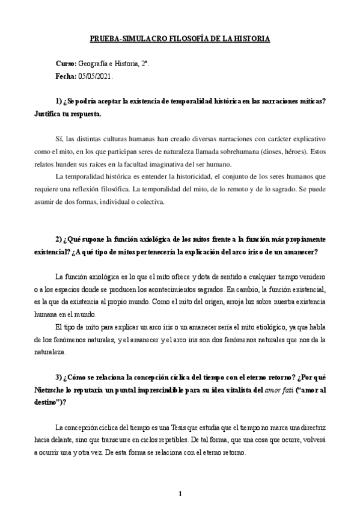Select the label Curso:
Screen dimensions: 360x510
click(x=66, y=63)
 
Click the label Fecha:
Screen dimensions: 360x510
click(x=66, y=76)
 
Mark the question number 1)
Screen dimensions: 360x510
click(x=58, y=100)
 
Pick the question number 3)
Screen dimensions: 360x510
click(x=58, y=377)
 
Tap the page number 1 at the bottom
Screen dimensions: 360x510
click(x=180, y=494)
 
